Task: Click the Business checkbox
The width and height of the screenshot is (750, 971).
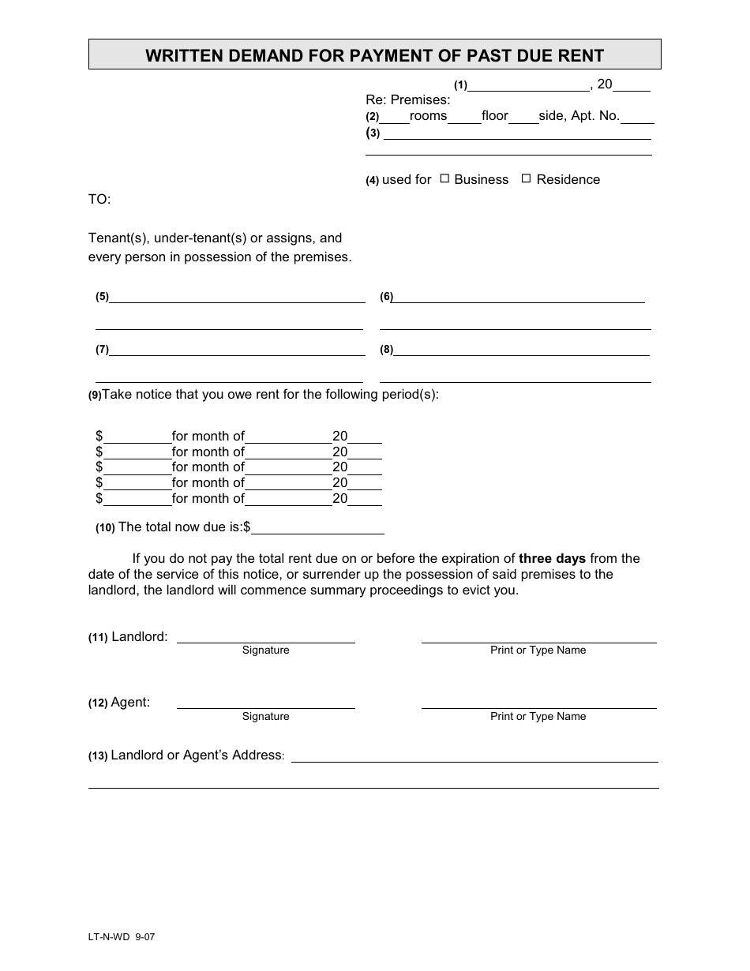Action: point(444,179)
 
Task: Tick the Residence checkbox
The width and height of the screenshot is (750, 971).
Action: point(526,179)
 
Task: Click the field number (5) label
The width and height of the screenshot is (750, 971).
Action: point(102,298)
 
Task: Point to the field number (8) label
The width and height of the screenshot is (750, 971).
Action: point(386,350)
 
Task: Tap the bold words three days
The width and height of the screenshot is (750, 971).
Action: point(552,558)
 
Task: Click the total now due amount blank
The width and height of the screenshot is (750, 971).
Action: point(317,527)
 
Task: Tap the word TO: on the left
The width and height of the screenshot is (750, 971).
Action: point(99,200)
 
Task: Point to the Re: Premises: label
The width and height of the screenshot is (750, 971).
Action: point(407,100)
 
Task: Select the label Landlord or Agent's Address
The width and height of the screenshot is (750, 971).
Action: point(197,755)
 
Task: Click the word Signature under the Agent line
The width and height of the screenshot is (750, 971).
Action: point(265,717)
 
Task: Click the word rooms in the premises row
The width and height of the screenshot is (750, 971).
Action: point(428,116)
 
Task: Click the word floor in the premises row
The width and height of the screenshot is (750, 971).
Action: point(495,116)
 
